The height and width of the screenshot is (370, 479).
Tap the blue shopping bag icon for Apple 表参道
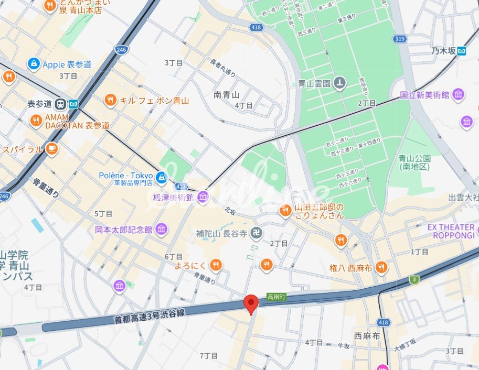pyautogui.click(x=34, y=64)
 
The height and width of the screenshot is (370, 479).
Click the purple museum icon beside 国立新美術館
pyautogui.click(x=459, y=95)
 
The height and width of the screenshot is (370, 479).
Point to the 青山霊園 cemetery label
pyautogui.click(x=314, y=83)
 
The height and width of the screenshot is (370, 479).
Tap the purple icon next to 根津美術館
pyautogui.click(x=203, y=197)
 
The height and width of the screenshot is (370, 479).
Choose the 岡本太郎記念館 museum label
pyautogui.click(x=123, y=229)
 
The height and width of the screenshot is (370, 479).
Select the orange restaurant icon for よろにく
pyautogui.click(x=215, y=265)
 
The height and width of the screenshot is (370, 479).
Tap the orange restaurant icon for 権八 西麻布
pyautogui.click(x=381, y=267)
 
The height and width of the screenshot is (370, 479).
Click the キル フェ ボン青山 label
pyautogui.click(x=154, y=100)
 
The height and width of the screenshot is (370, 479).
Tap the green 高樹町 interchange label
pyautogui.click(x=275, y=296)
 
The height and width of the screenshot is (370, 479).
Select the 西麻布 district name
pyautogui.click(x=367, y=336)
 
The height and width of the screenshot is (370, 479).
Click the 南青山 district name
pyautogui.click(x=227, y=95)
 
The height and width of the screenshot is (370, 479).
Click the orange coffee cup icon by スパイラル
pyautogui.click(x=51, y=149)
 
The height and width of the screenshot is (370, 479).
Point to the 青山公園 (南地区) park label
pyautogui.click(x=414, y=162)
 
